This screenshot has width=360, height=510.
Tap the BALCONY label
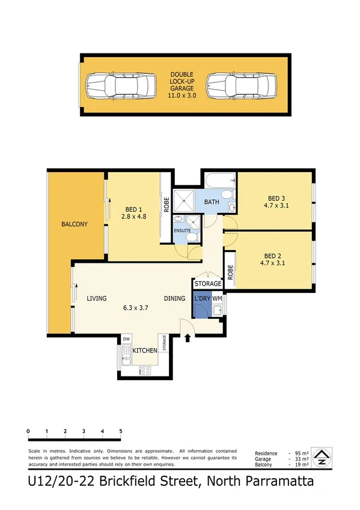pos(75,224)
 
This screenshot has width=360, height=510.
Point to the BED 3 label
pos(277,199)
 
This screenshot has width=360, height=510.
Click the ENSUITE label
pos(182,230)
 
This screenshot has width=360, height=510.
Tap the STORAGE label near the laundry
pos(208,284)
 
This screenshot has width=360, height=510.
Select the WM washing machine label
pos(217,297)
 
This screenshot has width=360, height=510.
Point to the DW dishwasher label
pos(126,339)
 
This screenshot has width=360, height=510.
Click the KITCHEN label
pos(145,350)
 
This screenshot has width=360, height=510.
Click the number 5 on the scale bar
pos(121,431)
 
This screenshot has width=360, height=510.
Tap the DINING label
pos(176,298)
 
